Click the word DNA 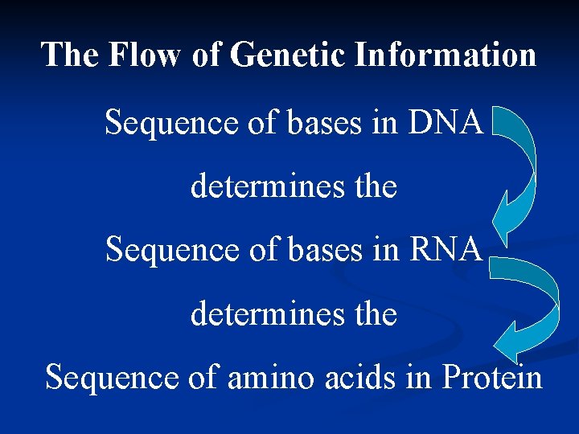pyautogui.click(x=446, y=123)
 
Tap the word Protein pyautogui.click(x=491, y=376)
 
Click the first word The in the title pyautogui.click(x=71, y=55)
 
